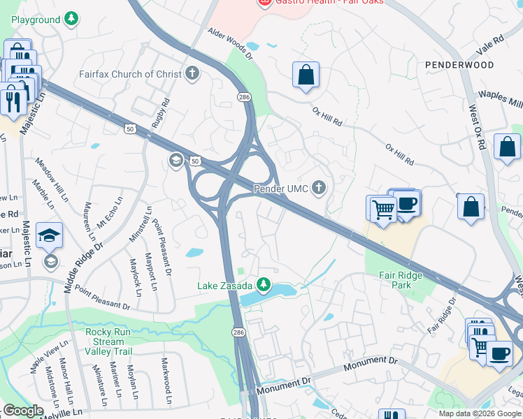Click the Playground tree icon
point(71,20)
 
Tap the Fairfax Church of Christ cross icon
point(192,73)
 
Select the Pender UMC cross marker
point(319,188)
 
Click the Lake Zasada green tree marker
point(263,284)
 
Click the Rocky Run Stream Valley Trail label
point(108,341)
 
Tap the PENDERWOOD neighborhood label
point(459,65)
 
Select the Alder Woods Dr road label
point(229,42)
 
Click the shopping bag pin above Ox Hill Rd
point(306,75)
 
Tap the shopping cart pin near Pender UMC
point(382,208)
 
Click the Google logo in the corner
point(22,411)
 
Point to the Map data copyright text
point(480,413)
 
